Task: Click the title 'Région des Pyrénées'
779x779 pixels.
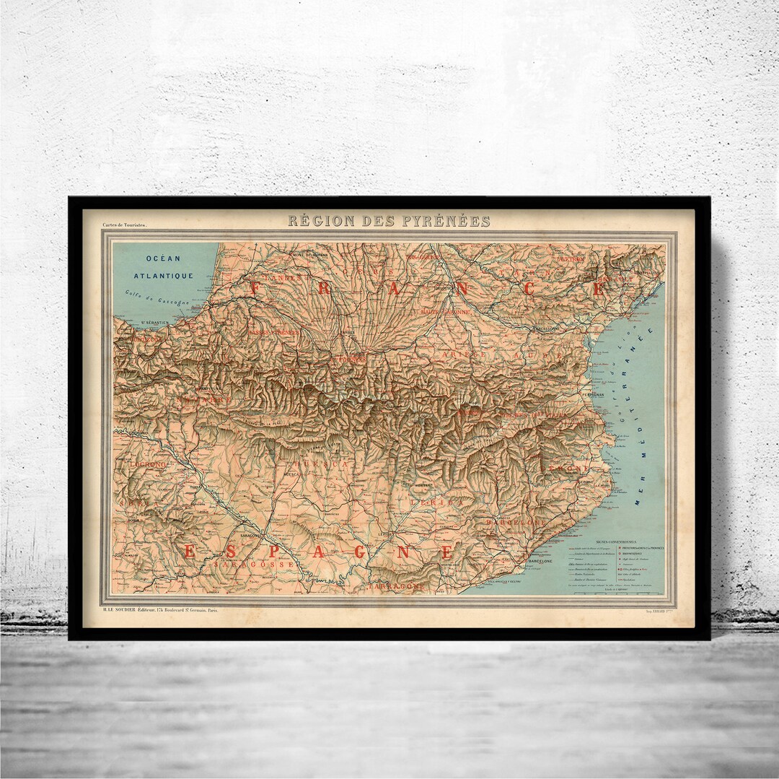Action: [x=389, y=221]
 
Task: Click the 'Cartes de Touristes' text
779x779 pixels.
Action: [x=125, y=225]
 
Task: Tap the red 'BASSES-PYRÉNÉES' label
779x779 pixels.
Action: [x=273, y=333]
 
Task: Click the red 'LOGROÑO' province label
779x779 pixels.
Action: [x=148, y=464]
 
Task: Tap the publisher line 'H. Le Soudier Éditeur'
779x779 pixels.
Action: [x=159, y=610]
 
